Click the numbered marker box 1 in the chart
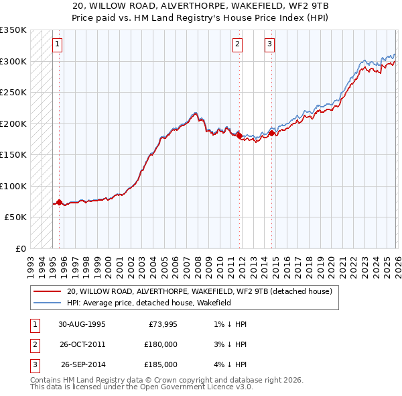click(58, 45)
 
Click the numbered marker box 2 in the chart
click(237, 45)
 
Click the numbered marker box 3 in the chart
click(269, 45)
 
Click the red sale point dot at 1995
click(59, 202)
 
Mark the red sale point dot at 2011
click(239, 136)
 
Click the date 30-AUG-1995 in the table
click(82, 324)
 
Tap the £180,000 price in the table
click(161, 344)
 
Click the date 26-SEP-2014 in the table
click(83, 364)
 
